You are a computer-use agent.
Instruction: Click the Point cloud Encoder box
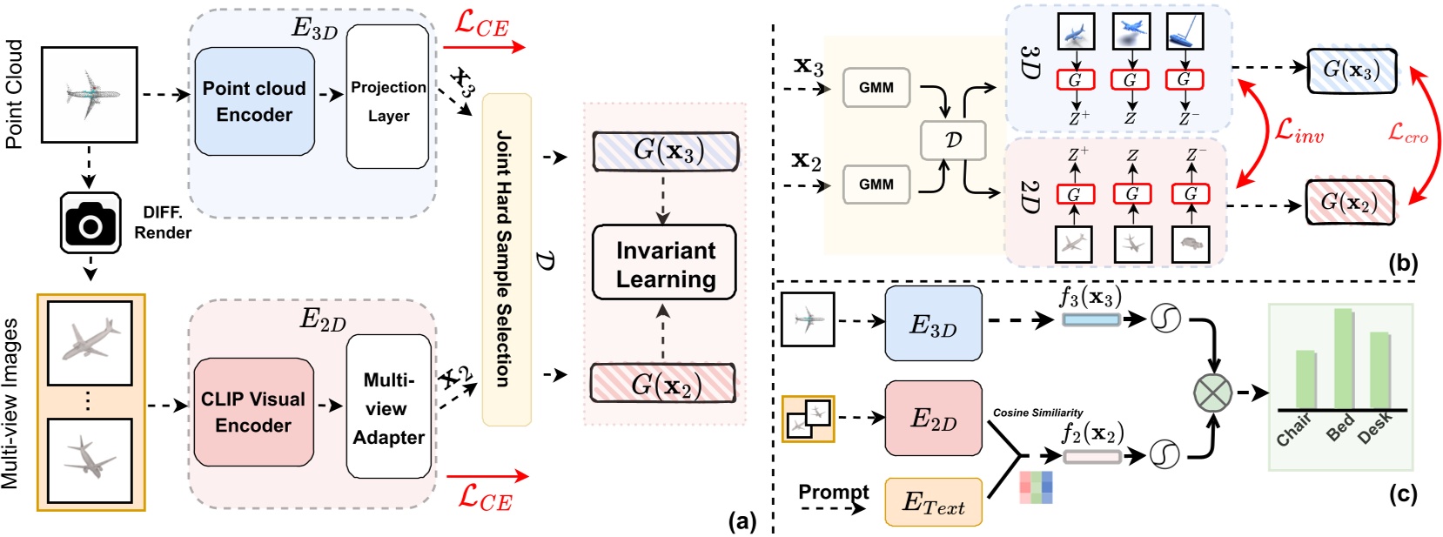pos(254,102)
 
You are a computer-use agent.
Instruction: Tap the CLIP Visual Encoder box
pos(253,412)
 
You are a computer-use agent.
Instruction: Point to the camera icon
pos(90,224)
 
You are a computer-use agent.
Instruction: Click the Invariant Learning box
pos(665,264)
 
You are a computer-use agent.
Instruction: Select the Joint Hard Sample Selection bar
pos(506,259)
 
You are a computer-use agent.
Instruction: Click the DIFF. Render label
pos(163,222)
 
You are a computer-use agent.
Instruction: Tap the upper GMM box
pos(876,88)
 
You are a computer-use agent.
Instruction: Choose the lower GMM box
pos(876,185)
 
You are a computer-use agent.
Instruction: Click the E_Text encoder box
pos(933,502)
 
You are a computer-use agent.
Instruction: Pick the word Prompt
pos(833,492)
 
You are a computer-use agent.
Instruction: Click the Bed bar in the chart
pos(1343,359)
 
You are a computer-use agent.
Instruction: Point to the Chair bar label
pos(1295,430)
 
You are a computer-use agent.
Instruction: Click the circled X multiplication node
pos(1212,392)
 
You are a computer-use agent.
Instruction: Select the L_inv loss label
pos(1298,131)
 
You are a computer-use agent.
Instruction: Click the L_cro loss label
pos(1406,132)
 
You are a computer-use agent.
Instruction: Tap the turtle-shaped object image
pos(1191,245)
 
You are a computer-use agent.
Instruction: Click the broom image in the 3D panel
pos(1184,32)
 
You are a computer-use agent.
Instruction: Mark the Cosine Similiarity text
pos(1037,413)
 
